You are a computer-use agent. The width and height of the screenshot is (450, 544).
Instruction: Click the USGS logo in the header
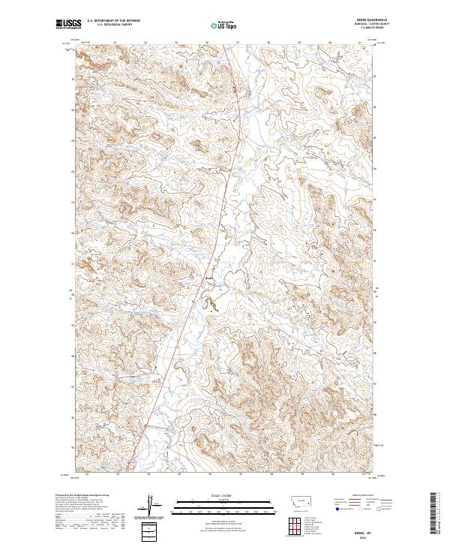pos(69,25)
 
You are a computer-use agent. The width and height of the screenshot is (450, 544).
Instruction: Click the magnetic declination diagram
pos(154,506)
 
